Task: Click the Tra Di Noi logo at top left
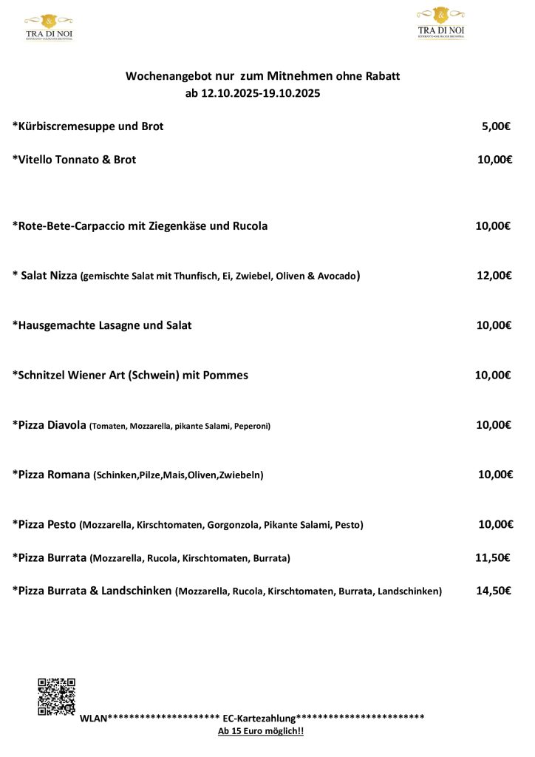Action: (x=49, y=27)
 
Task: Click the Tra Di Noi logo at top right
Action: (x=441, y=22)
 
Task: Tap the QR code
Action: (x=57, y=696)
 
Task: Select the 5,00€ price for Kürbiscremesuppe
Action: (x=496, y=126)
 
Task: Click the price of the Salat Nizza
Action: (x=494, y=276)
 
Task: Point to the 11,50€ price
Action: (x=492, y=557)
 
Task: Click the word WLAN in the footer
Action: (x=93, y=718)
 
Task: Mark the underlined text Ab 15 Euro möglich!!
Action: (x=261, y=731)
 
